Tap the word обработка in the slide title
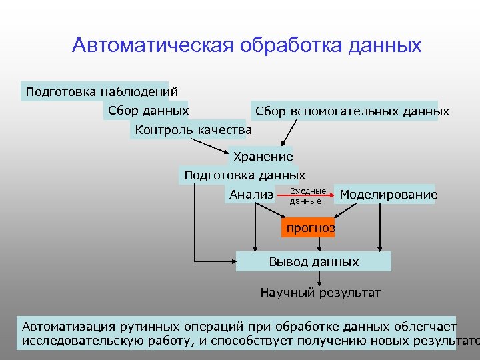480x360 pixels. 289,45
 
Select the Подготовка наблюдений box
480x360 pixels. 101,91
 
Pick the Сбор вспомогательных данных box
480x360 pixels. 352,111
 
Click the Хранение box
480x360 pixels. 263,157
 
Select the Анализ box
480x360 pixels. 251,195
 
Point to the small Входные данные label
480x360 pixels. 307,196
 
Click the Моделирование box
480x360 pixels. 388,195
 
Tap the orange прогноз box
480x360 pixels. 310,229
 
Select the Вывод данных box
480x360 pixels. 313,262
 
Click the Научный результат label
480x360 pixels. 320,293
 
